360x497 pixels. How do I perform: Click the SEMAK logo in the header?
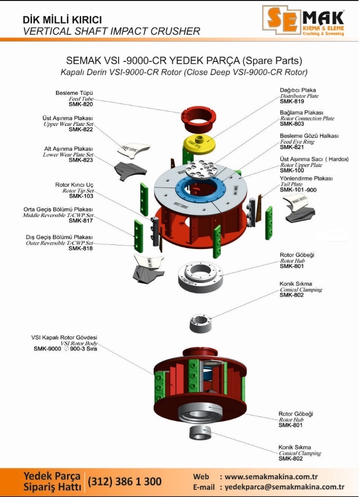[303, 20]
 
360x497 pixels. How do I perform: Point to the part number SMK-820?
[81, 104]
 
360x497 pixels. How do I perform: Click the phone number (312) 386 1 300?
[125, 481]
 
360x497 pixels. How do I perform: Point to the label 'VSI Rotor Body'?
[79, 343]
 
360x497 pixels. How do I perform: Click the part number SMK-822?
[81, 129]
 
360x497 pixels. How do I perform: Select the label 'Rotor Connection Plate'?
[307, 118]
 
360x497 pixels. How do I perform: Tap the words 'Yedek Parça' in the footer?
[52, 476]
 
